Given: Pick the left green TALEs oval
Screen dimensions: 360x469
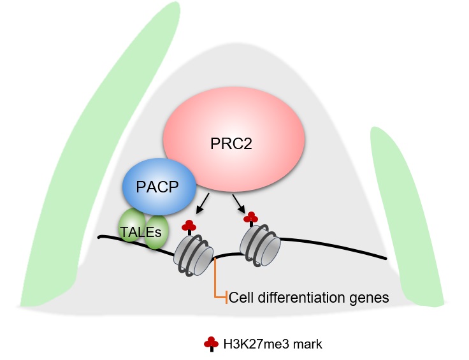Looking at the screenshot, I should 131,227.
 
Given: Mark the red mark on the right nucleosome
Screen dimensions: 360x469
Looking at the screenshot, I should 251,217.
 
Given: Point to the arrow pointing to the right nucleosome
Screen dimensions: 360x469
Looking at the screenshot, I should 240,205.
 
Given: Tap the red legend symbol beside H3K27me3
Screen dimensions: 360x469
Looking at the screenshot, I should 211,344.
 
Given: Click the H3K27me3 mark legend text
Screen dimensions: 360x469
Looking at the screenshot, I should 273,345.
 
